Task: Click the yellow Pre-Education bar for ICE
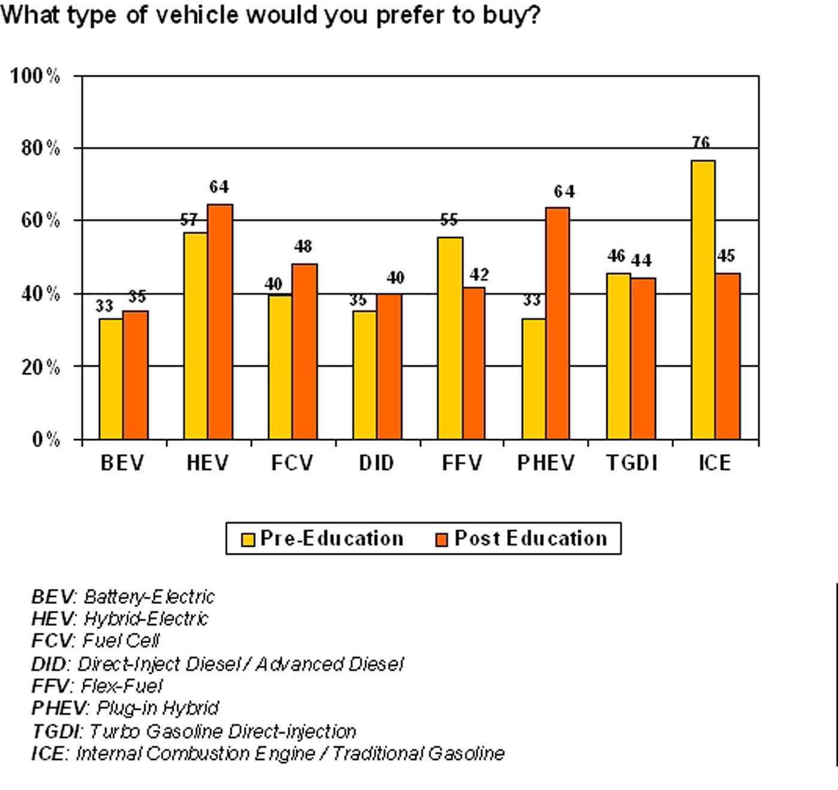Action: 703,299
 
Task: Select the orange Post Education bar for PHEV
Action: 557,323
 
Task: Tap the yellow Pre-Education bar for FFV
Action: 450,338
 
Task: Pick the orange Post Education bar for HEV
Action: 220,322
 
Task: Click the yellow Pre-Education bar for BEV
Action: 111,379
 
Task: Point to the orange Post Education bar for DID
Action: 389,367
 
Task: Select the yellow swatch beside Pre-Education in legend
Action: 248,539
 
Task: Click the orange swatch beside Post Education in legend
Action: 441,539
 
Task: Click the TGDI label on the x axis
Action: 631,463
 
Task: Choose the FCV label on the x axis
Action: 292,463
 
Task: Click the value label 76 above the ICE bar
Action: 700,143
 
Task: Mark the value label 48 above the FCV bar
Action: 303,246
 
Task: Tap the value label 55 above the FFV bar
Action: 448,220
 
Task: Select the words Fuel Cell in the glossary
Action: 121,641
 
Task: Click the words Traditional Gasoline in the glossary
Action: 418,753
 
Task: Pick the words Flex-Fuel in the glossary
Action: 122,685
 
